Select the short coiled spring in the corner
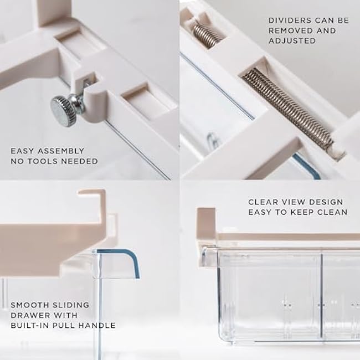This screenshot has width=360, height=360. pyautogui.click(x=207, y=36)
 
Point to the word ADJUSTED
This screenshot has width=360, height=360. pyautogui.click(x=292, y=41)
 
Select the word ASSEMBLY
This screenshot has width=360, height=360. pyautogui.click(x=61, y=151)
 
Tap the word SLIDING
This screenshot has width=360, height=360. pyautogui.click(x=71, y=305)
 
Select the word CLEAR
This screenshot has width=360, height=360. pyautogui.click(x=259, y=202)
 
